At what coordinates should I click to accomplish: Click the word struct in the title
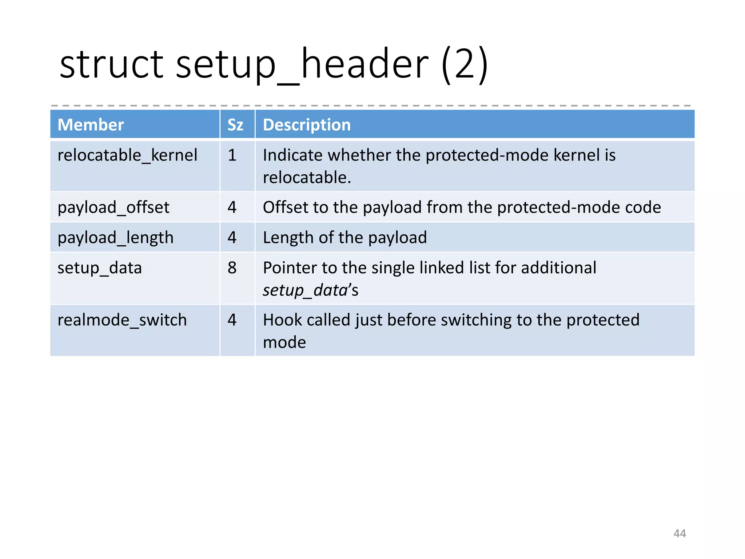(111, 65)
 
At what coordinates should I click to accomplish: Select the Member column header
(91, 125)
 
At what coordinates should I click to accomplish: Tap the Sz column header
(235, 125)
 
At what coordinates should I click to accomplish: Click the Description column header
(307, 125)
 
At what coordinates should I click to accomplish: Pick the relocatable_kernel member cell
(127, 155)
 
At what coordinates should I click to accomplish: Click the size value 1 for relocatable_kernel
(232, 155)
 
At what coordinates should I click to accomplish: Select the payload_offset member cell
(113, 207)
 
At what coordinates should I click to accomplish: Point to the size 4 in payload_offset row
(232, 207)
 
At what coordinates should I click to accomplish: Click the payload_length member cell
(115, 238)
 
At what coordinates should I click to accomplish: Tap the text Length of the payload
(344, 238)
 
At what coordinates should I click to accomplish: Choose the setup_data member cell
(100, 268)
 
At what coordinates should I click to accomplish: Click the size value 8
(232, 268)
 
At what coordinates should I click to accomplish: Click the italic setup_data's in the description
(310, 290)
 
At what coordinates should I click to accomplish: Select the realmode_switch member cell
(122, 320)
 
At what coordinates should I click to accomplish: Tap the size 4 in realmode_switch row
(232, 320)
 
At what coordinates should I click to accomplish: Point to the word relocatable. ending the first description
(307, 178)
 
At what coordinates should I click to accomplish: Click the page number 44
(680, 534)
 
